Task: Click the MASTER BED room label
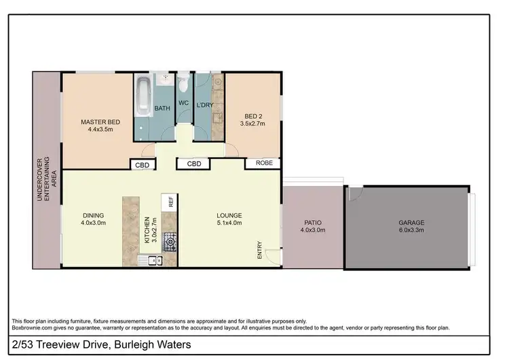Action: pyautogui.click(x=100, y=122)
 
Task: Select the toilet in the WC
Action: pyautogui.click(x=183, y=84)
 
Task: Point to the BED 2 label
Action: pyautogui.click(x=252, y=116)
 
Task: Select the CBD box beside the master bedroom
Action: pyautogui.click(x=143, y=164)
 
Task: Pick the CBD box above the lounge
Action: pyautogui.click(x=194, y=164)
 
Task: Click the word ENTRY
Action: pyautogui.click(x=259, y=251)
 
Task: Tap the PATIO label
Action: pyautogui.click(x=313, y=222)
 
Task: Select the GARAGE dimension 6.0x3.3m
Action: pyautogui.click(x=411, y=230)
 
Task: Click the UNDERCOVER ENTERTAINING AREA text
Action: pyautogui.click(x=46, y=170)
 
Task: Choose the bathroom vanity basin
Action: pyautogui.click(x=165, y=81)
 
